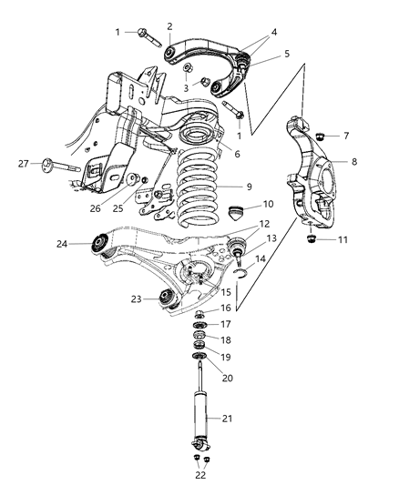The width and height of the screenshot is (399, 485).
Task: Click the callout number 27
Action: click(23, 164)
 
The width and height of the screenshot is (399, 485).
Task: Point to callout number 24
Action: click(62, 243)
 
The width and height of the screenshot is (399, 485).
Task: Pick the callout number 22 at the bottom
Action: click(201, 474)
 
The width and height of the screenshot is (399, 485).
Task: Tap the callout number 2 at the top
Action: click(169, 26)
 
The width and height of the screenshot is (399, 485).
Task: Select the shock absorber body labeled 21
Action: click(199, 418)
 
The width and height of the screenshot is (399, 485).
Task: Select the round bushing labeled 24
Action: click(98, 244)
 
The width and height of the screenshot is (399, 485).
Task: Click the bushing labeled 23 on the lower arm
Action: click(167, 297)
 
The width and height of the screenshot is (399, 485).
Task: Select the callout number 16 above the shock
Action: click(225, 308)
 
